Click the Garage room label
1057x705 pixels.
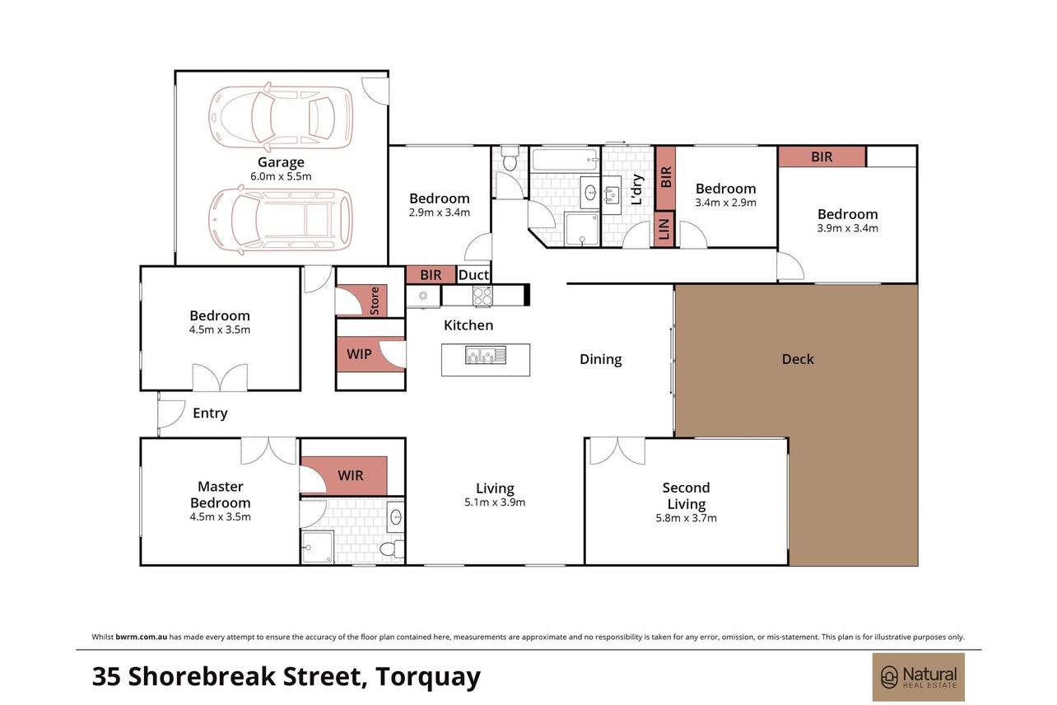coord(281,162)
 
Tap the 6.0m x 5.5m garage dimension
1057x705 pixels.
coord(281,176)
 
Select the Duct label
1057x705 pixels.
coord(473,275)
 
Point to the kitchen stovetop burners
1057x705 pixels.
coord(482,296)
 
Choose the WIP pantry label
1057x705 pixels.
coord(359,354)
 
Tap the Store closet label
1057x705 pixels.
coord(375,301)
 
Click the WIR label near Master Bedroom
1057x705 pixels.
coord(350,475)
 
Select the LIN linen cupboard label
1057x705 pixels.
coord(664,229)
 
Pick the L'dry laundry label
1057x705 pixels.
coord(636,189)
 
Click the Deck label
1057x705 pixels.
coord(798,359)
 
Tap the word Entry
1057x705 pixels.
coord(210,413)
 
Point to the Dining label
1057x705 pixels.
coord(600,359)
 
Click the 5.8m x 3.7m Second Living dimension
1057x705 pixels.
coord(686,518)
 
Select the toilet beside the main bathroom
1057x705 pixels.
coord(510,158)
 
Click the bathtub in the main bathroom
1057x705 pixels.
coord(565,160)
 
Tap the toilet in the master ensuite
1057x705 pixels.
coord(392,549)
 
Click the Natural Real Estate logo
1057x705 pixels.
coord(918,677)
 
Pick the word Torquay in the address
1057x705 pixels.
coord(428,677)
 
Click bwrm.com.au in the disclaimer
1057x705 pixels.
coord(141,637)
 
